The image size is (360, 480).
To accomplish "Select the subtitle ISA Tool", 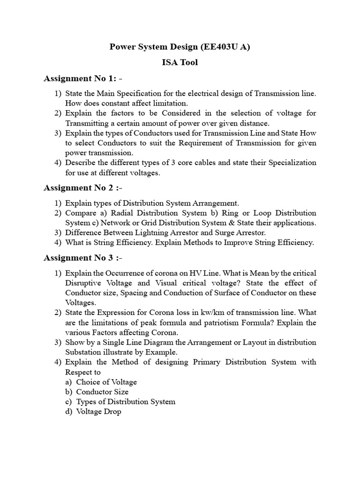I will (180, 62).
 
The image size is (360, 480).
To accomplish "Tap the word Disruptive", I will (84, 283).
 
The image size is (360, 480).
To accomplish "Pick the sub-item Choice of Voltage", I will (106, 382).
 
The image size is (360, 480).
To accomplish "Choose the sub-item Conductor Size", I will (102, 392).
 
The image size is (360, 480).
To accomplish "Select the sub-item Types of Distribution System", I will (126, 402).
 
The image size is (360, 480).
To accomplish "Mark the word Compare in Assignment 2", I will (80, 213).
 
